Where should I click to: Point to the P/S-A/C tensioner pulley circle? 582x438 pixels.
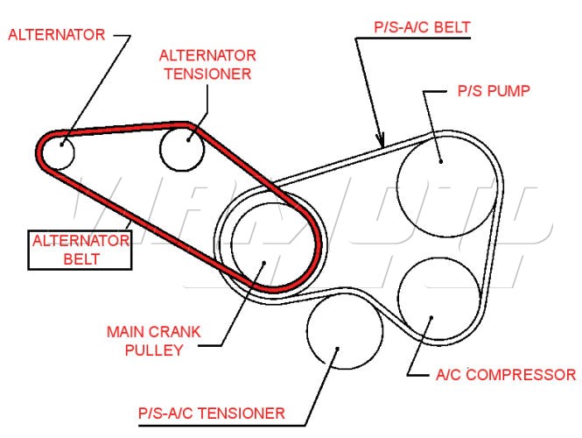coord(344,333)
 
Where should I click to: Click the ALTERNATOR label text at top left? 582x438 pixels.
coord(56,35)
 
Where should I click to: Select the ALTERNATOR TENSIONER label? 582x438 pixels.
coord(205,64)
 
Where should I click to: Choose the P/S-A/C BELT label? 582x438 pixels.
coord(422,26)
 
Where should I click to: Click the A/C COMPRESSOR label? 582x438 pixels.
coord(505,375)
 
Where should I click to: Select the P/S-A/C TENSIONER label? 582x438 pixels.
coord(212,413)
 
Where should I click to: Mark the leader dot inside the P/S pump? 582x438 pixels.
coord(440,159)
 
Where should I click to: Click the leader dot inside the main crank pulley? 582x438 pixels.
coord(263,262)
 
